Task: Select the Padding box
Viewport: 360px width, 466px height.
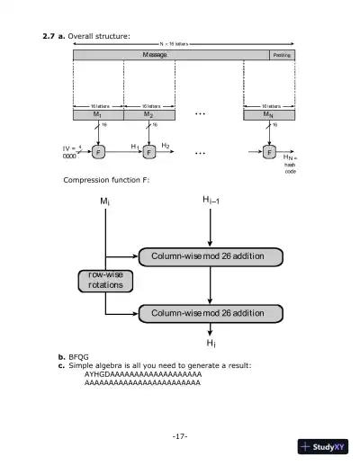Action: coord(282,55)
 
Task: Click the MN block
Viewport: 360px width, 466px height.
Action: coord(269,115)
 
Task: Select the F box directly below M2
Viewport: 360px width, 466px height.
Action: coord(149,151)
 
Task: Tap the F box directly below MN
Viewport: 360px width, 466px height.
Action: coord(269,151)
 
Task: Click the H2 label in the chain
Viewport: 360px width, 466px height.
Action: coord(166,144)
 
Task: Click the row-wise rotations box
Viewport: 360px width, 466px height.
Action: coord(104,280)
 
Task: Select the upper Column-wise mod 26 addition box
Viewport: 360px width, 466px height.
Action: coord(207,255)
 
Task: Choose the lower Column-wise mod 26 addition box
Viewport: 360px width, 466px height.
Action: coord(207,312)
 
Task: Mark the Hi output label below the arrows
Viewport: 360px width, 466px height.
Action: coord(211,344)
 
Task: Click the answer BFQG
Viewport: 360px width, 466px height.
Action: coord(77,357)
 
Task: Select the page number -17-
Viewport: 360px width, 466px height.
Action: coord(179,436)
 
